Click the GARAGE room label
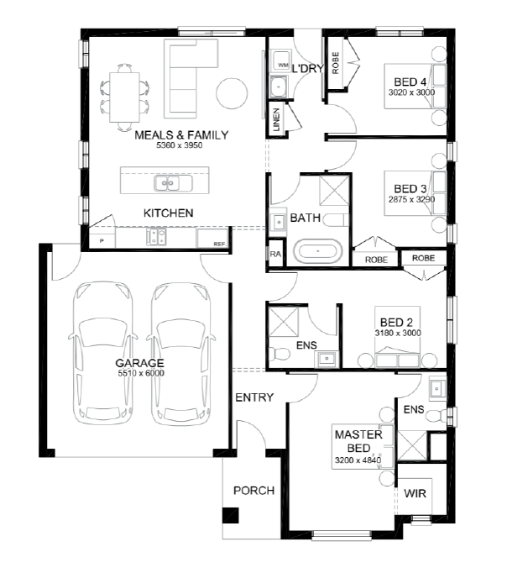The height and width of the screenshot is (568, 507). [139, 363]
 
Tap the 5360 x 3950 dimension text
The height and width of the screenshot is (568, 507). [179, 145]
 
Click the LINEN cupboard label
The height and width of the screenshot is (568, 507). [277, 119]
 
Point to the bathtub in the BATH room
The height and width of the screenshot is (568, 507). [317, 251]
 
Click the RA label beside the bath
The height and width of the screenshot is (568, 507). [275, 254]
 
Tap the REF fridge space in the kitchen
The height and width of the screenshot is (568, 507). [212, 238]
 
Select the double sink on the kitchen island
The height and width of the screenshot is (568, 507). [168, 183]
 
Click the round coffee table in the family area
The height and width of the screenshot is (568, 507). [232, 93]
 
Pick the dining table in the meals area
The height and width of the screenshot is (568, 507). [124, 97]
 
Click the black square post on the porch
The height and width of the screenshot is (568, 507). [231, 515]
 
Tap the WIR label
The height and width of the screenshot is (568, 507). [415, 493]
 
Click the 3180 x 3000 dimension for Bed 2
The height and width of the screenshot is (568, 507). [398, 333]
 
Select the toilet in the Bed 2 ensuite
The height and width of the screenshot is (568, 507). [279, 353]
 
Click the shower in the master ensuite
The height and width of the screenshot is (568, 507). [412, 445]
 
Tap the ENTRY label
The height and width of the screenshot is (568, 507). [254, 397]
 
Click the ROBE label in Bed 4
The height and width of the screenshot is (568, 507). [336, 63]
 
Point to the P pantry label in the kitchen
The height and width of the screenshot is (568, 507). [102, 240]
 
